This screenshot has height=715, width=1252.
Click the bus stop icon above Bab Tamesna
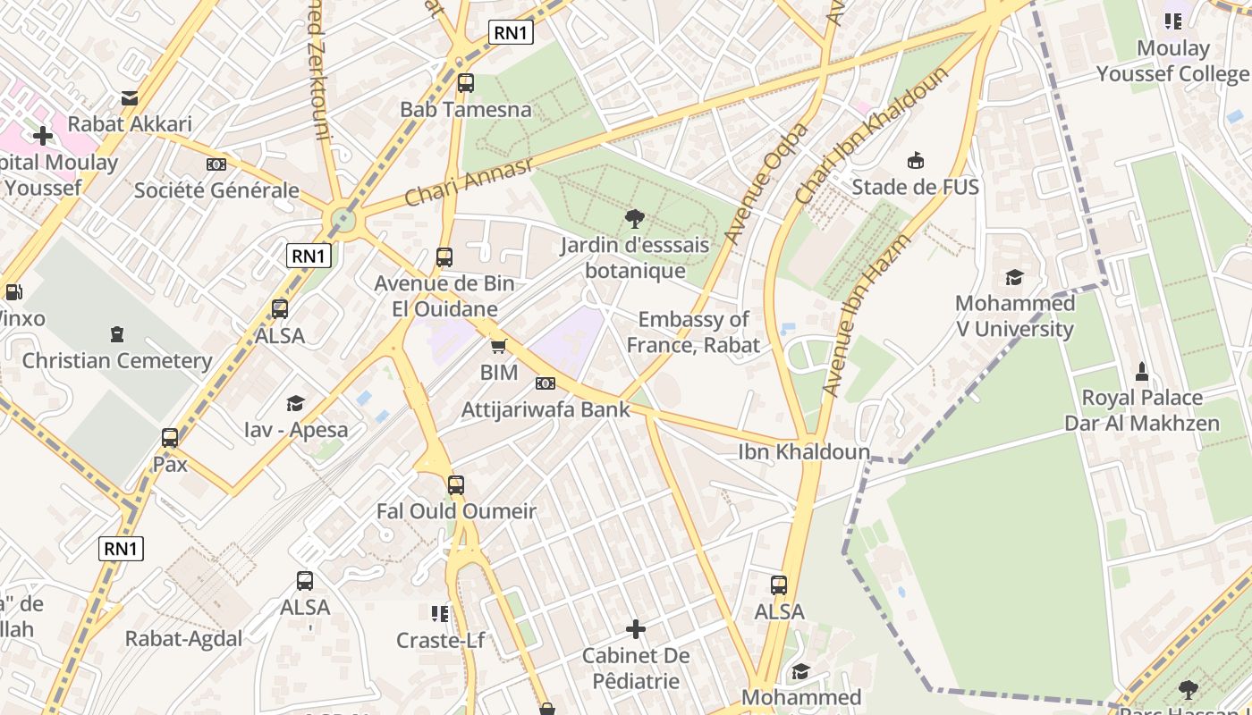coord(465,83)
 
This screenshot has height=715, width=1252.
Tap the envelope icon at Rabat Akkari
coord(130,97)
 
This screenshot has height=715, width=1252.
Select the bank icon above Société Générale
coord(216,164)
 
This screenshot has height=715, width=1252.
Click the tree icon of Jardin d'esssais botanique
coord(635,219)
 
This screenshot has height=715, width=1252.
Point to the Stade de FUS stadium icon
coord(915,161)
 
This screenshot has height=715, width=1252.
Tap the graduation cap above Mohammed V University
coord(1014,277)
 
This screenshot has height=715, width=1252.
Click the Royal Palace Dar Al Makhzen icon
coord(1141,371)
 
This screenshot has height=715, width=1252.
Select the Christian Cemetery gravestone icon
coord(116,335)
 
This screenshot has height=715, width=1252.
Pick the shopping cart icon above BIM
coord(499,346)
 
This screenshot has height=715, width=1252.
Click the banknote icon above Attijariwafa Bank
coord(545,383)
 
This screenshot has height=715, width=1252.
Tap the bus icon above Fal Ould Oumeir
coord(456,485)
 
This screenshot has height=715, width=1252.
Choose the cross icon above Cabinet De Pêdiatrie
coord(636,629)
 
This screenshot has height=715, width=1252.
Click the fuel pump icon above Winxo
coord(13,292)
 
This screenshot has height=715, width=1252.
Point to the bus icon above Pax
coord(170,438)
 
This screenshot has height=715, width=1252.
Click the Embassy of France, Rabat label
coord(693,332)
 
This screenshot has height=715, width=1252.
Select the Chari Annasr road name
coord(468,181)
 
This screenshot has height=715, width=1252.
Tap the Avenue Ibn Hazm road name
coord(865,314)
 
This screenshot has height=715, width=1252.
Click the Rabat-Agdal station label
coord(183,639)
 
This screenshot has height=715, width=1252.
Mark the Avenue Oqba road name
coord(766,182)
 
